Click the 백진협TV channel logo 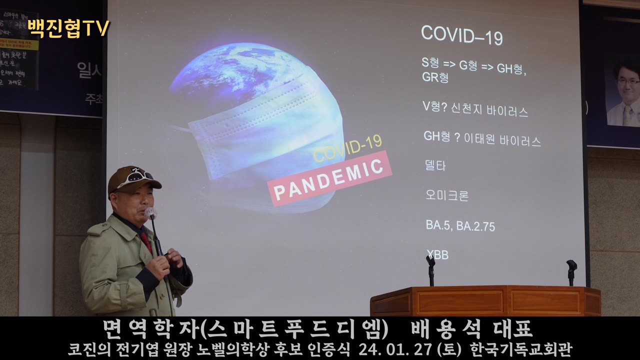[68, 28]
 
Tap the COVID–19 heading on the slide [461, 35]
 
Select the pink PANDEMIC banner [329, 178]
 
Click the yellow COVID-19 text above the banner [347, 148]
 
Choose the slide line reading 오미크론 [447, 195]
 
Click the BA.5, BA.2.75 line [460, 226]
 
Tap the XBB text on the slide [437, 255]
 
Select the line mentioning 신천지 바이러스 [475, 109]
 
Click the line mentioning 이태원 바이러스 [482, 138]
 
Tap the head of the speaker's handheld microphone [150, 213]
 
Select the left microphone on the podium [430, 261]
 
